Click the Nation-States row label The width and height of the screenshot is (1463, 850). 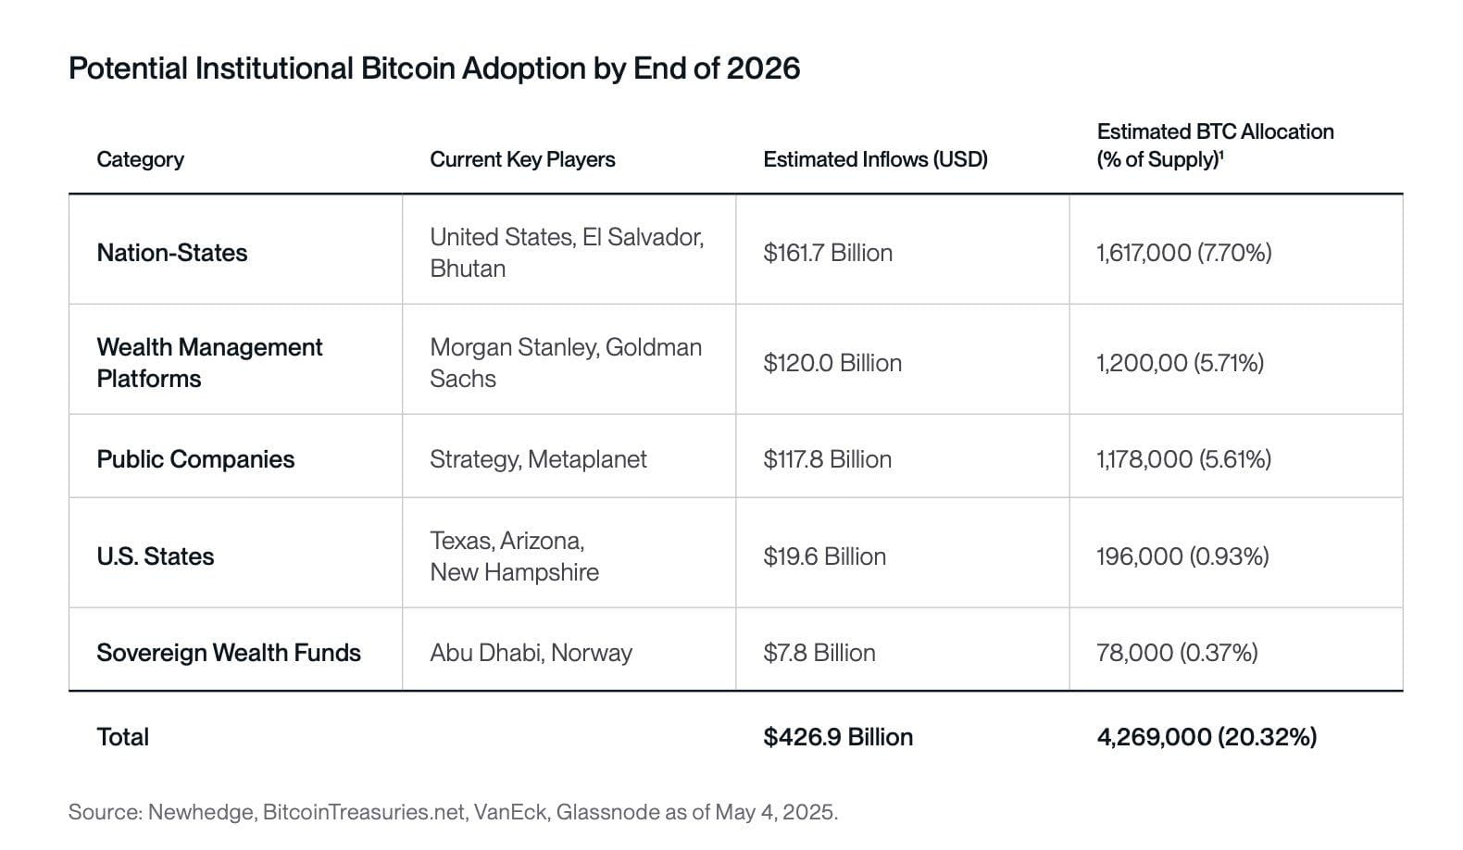[x=172, y=253]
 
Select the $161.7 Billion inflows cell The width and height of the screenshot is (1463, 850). [x=828, y=253]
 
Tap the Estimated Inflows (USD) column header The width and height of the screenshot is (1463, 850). [x=875, y=159]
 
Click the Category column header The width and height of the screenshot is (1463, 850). [x=140, y=159]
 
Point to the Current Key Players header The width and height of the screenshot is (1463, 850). [x=522, y=159]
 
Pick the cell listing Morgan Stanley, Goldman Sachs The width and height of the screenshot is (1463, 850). [x=565, y=363]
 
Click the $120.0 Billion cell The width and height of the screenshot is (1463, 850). [x=832, y=363]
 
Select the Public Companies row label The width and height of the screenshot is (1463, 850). [x=195, y=459]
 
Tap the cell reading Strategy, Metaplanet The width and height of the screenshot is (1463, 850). [x=538, y=459]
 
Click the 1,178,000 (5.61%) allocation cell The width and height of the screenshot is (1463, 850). [x=1183, y=459]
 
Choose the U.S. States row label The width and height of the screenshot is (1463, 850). [x=156, y=556]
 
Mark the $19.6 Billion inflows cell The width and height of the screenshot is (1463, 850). [x=824, y=556]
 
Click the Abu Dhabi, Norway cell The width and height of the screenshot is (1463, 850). [x=531, y=653]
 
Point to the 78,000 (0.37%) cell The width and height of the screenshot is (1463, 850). [x=1177, y=653]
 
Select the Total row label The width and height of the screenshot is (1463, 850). [x=122, y=737]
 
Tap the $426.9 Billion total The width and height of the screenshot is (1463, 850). [x=838, y=737]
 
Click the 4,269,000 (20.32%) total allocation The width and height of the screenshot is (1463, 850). [x=1207, y=737]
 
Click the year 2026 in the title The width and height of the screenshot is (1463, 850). [x=763, y=69]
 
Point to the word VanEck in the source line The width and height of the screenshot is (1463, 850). [x=504, y=813]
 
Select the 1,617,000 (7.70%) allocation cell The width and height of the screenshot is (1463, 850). [x=1183, y=253]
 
